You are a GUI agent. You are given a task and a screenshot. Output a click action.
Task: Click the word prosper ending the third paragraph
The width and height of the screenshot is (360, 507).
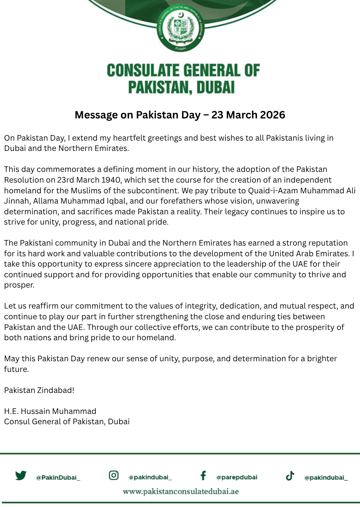(19, 285)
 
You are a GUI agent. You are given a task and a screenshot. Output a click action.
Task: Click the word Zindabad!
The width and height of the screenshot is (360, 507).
(56, 390)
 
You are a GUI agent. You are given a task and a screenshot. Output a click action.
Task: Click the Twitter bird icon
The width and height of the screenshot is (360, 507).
(21, 475)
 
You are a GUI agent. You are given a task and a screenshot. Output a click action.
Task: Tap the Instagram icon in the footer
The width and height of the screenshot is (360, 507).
(114, 475)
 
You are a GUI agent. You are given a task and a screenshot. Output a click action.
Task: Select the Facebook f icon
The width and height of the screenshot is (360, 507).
(203, 475)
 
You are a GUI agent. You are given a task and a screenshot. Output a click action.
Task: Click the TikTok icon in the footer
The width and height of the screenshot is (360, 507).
(290, 476)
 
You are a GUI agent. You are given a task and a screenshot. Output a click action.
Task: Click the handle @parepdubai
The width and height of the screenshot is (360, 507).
(236, 477)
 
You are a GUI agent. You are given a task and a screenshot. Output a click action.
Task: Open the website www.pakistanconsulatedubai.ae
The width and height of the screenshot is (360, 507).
(181, 492)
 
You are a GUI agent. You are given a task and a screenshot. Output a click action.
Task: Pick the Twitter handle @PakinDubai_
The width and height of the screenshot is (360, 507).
(58, 478)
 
